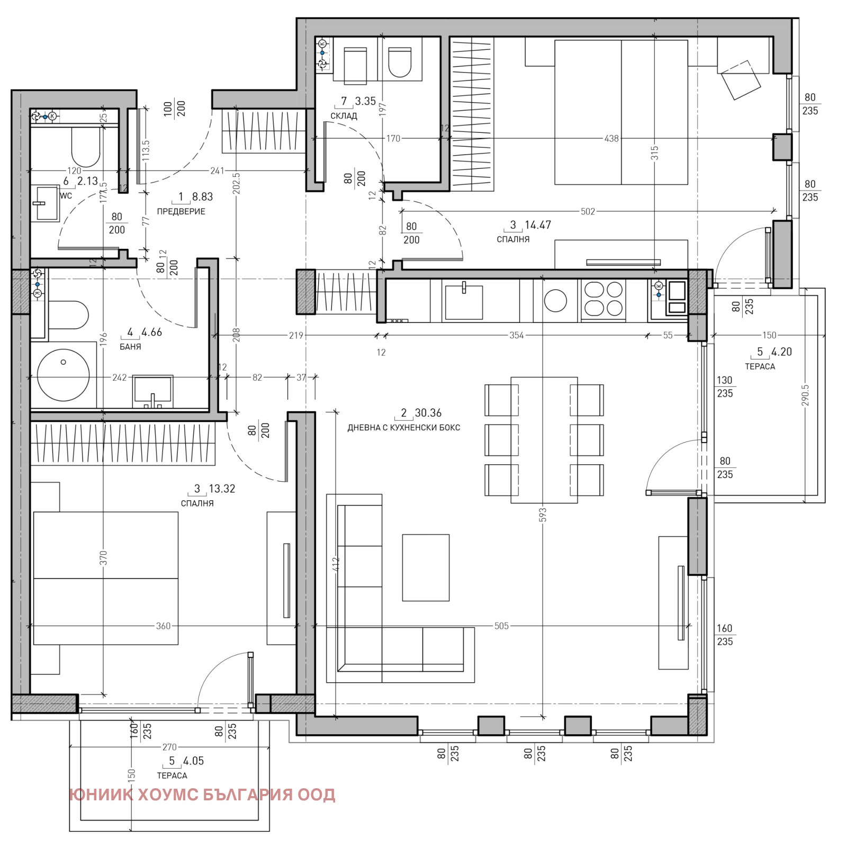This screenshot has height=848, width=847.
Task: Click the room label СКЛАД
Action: [344, 116]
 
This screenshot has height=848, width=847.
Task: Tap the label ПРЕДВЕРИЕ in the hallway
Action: [181, 211]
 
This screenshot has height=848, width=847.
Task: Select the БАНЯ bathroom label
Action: [130, 347]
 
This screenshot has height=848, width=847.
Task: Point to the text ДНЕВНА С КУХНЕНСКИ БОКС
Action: [404, 428]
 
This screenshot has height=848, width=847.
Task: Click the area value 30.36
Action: [428, 413]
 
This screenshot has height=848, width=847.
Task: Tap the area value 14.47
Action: [538, 225]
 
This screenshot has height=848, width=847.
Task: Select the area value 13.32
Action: [222, 489]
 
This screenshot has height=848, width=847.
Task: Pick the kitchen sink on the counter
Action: [464, 302]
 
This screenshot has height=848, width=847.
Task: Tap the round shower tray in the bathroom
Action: [64, 375]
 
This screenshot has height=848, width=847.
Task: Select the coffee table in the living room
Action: [426, 567]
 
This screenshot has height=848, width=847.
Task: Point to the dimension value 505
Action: [501, 626]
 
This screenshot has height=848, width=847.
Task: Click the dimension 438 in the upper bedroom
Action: [611, 139]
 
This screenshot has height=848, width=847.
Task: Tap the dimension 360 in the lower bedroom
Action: [163, 626]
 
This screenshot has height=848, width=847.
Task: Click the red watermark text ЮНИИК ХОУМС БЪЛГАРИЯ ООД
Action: [202, 795]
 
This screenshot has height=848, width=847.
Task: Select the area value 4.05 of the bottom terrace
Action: [193, 761]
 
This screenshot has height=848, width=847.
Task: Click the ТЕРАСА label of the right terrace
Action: [760, 366]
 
